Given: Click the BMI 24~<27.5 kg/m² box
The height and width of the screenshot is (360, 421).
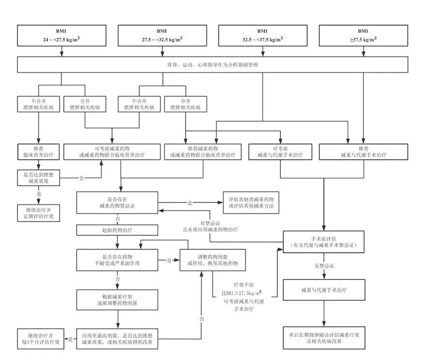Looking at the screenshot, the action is click(62, 36).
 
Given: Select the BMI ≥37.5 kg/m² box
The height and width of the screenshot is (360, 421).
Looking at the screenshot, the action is click(363, 36).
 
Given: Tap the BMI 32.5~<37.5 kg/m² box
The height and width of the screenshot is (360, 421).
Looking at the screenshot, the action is click(263, 36).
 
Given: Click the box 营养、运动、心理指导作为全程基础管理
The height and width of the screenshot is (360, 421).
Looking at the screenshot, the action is click(213, 65).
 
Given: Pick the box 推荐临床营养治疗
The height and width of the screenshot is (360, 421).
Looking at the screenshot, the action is click(38, 152).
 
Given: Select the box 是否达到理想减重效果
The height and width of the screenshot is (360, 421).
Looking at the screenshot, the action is click(38, 178).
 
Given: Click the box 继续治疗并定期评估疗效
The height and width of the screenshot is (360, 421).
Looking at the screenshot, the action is click(38, 213).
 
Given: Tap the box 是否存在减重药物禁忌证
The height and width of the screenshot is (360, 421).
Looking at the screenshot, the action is click(117, 202).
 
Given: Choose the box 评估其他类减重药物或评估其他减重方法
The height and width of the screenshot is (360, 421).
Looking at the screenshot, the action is click(251, 202).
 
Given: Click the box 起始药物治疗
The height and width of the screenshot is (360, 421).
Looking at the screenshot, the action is click(117, 230).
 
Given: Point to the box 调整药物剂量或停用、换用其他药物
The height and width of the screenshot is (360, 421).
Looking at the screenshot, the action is click(213, 260).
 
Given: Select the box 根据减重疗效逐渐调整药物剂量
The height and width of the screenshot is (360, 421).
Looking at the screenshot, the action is click(117, 300).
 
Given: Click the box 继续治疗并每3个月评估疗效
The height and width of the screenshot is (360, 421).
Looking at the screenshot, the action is click(41, 339).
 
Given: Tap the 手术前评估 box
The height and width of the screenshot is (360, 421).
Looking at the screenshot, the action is click(323, 242).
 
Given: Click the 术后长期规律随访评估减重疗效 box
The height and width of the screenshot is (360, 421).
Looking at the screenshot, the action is click(324, 338).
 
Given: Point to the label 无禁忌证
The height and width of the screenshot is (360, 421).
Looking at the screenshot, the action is click(324, 266).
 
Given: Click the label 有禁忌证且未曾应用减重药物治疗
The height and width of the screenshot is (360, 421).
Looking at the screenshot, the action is click(210, 226).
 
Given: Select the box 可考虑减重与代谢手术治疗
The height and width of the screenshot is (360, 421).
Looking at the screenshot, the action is click(280, 152).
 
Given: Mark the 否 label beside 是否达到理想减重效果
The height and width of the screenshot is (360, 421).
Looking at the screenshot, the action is click(82, 178).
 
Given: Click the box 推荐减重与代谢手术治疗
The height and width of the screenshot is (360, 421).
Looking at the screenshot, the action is click(363, 152).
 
